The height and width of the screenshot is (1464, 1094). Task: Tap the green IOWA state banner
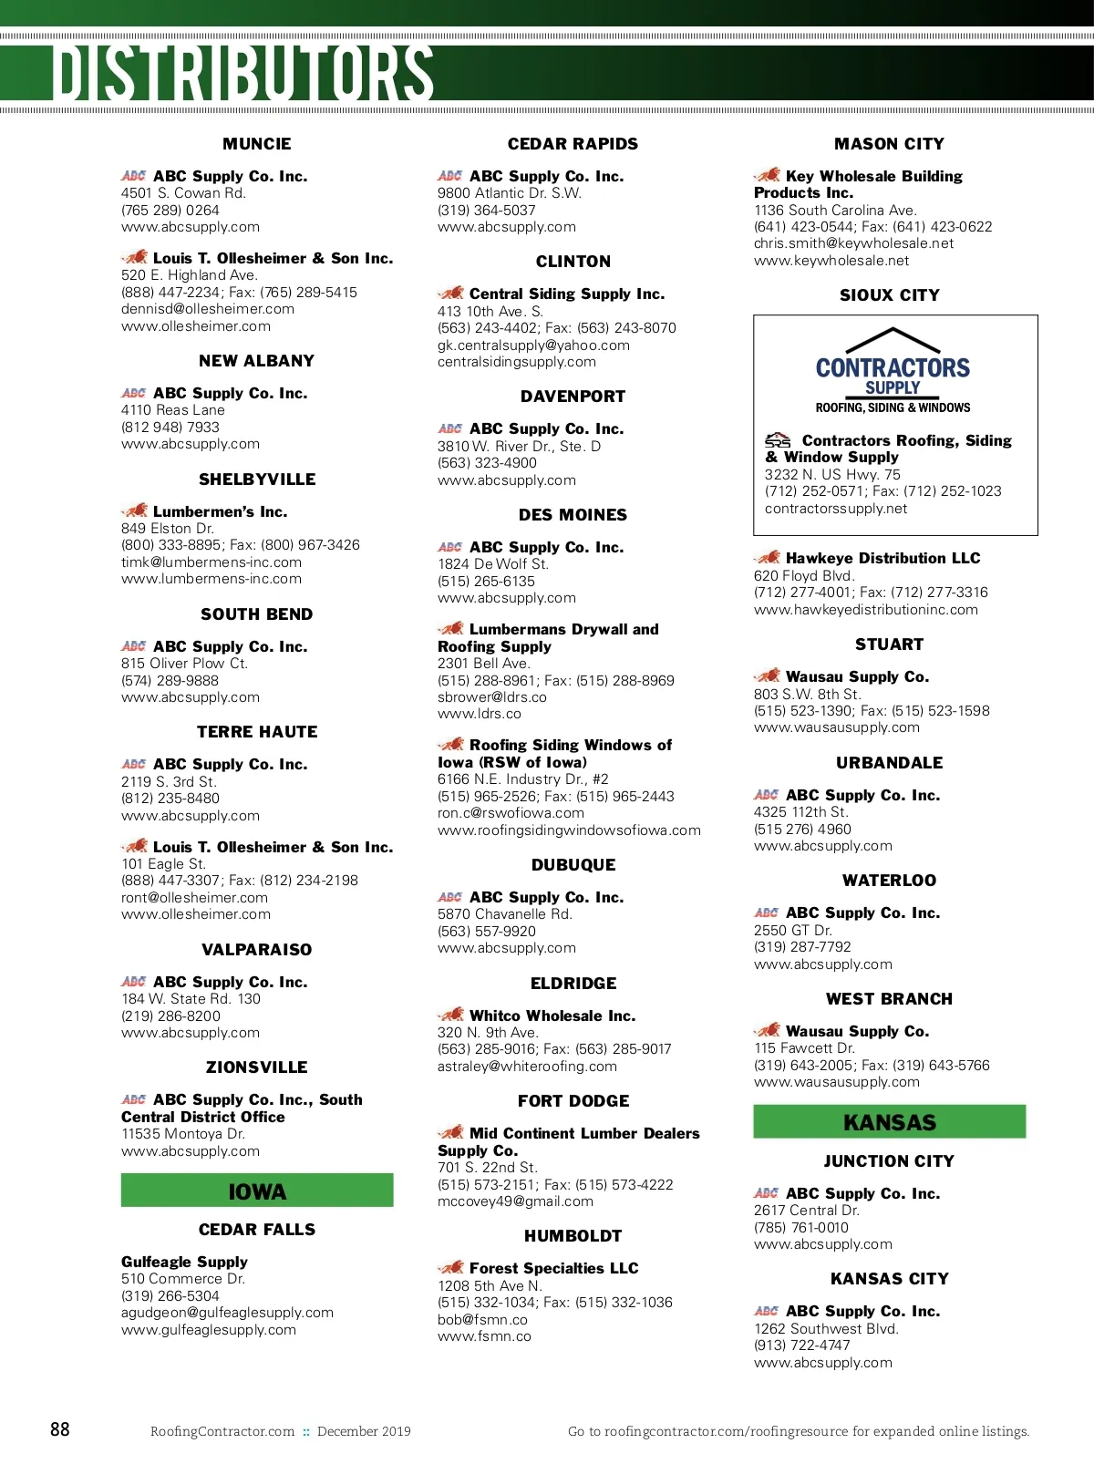click(x=257, y=1191)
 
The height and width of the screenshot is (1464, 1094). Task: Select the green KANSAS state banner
click(x=889, y=1122)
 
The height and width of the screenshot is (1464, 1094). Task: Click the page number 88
click(x=60, y=1429)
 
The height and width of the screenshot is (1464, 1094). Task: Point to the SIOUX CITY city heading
click(x=889, y=295)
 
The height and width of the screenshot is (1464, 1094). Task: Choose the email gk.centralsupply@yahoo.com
click(x=533, y=345)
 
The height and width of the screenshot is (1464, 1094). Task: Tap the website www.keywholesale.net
click(x=831, y=261)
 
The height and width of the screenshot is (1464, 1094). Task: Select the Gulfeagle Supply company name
click(x=184, y=1262)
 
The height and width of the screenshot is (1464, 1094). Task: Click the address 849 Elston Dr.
click(x=168, y=529)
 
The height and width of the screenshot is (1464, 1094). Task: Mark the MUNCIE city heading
click(x=257, y=144)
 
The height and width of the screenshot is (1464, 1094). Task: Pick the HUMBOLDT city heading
click(x=573, y=1236)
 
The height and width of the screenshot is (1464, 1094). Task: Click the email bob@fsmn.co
click(x=482, y=1319)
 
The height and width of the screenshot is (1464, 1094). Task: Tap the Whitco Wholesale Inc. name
click(x=552, y=1016)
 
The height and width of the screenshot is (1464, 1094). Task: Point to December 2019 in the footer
click(x=364, y=1431)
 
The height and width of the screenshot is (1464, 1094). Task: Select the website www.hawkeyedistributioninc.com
click(x=866, y=610)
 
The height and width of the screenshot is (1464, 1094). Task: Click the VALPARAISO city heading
click(x=257, y=950)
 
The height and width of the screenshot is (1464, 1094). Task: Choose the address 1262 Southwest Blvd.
click(x=826, y=1328)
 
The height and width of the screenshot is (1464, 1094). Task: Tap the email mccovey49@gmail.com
click(x=515, y=1201)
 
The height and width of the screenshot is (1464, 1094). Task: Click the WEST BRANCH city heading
click(x=889, y=999)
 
